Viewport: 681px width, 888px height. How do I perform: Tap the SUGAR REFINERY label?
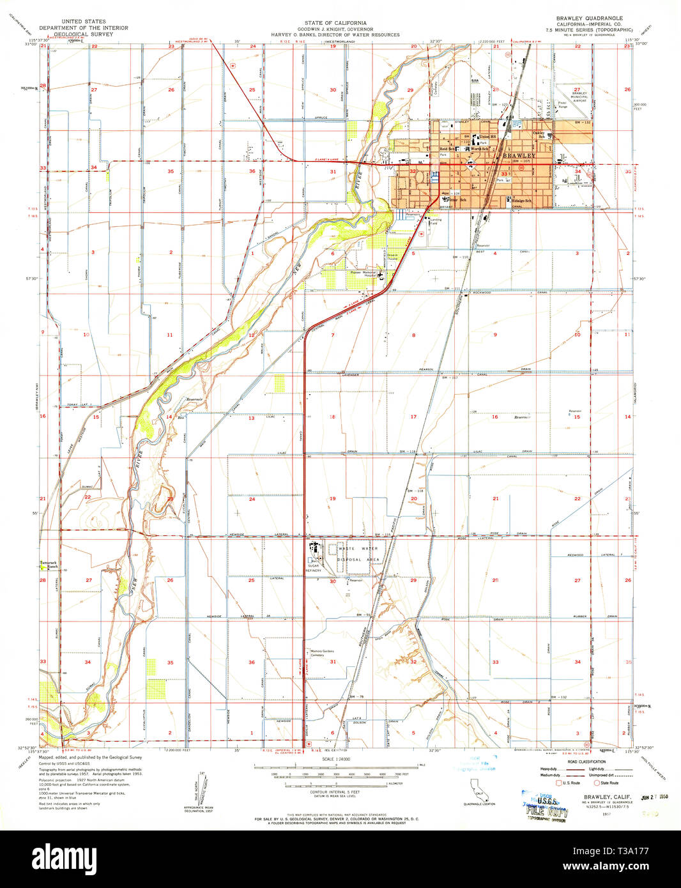[x=314, y=567]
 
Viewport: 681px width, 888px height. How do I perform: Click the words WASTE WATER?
[x=358, y=549]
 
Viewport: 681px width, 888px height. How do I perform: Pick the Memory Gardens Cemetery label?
[x=322, y=653]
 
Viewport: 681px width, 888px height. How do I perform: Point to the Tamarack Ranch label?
[x=49, y=565]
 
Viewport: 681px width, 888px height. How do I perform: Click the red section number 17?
[x=413, y=417]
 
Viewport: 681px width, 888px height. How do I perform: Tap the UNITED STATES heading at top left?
[x=84, y=22]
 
